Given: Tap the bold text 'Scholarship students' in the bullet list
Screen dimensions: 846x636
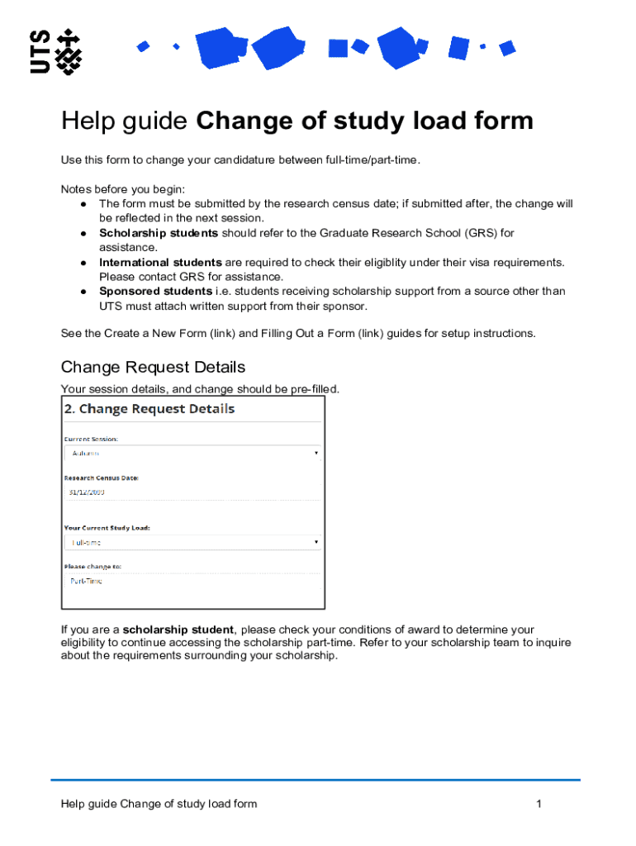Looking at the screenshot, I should (159, 233).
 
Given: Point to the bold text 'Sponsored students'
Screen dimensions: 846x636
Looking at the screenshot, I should (155, 292).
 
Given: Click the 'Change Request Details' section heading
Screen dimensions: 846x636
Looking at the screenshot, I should (153, 367).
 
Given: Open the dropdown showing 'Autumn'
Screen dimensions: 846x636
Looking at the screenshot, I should (192, 454).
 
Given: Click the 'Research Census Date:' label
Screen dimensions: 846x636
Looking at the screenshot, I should (102, 478).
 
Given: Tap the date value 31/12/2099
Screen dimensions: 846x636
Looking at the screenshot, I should (87, 492).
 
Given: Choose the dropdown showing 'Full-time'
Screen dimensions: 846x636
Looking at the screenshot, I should (192, 542).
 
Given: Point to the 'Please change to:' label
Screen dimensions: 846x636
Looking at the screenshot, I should (93, 566).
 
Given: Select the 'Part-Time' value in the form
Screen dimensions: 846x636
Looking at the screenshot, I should (86, 581).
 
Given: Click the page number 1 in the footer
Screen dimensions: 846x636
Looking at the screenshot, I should (539, 804).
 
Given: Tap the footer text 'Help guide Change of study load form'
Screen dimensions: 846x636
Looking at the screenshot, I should (159, 804).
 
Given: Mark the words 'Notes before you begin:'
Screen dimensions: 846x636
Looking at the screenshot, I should (123, 189).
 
